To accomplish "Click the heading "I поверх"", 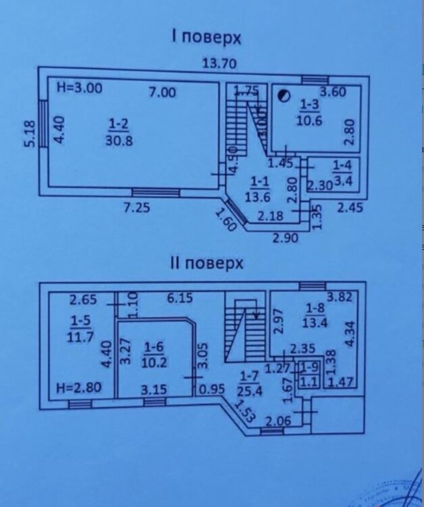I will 206,37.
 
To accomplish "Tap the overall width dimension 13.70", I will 221,65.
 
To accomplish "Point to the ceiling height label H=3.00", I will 80,88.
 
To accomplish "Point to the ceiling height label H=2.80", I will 80,388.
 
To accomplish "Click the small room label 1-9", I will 311,368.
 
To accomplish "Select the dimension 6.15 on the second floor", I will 179,297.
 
